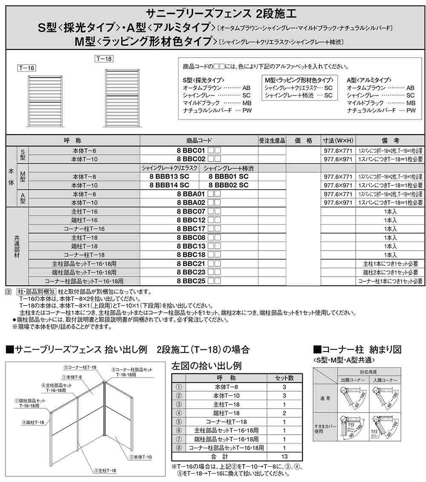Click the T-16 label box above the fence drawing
tap(26, 67)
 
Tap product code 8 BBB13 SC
tap(170, 176)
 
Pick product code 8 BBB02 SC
tap(228, 185)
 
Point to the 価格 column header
tap(303, 140)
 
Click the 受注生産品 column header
tap(272, 140)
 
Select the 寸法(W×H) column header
tap(338, 140)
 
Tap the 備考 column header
tap(390, 140)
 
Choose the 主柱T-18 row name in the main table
tap(85, 237)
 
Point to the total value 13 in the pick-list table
tap(285, 456)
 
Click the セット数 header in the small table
tap(285, 378)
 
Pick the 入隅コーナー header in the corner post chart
tap(385, 380)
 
